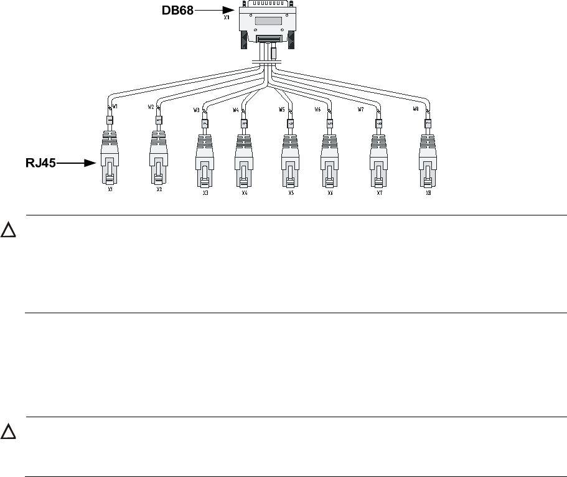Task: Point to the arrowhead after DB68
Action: pos(230,10)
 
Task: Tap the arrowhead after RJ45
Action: pos(92,164)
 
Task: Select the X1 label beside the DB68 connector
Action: pos(227,18)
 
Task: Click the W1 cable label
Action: pos(116,106)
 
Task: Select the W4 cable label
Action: pos(236,110)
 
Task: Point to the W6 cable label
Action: pos(317,110)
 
